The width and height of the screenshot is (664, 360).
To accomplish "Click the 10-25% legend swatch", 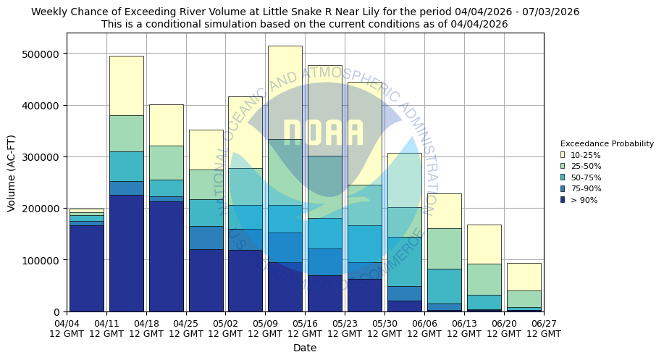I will click(x=563, y=155).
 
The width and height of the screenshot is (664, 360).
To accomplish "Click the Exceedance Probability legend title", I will click(x=607, y=143).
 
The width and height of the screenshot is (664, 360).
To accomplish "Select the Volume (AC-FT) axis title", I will click(x=11, y=172).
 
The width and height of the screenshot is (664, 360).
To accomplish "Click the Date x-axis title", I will click(x=305, y=348).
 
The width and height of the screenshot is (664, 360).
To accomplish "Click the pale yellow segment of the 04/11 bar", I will click(x=126, y=85).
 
